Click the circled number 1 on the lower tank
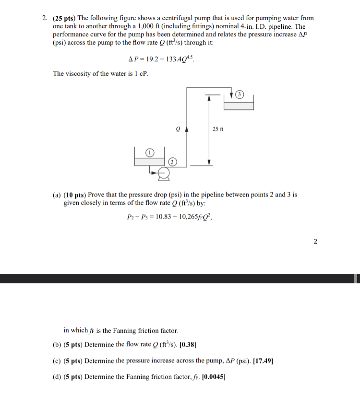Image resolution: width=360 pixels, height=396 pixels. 150,152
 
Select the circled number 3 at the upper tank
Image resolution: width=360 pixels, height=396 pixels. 241,94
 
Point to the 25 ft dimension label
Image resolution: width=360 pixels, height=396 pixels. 217,128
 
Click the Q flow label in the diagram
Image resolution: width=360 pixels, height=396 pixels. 178,128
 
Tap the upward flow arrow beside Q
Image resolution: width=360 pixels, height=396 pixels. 186,128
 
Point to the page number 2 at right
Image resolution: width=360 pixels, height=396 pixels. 315,241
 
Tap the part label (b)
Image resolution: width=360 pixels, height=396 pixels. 57,344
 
